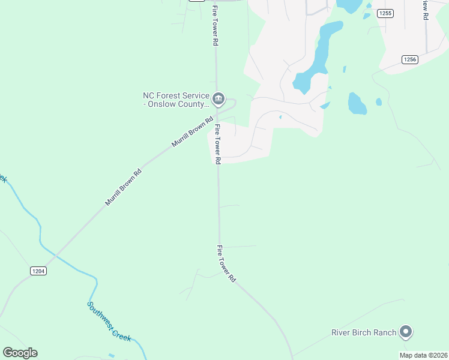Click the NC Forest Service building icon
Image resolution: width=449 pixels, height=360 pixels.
(218, 98)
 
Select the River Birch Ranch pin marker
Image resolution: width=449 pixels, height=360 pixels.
(406, 332)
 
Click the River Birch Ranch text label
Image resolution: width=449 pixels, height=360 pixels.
(364, 332)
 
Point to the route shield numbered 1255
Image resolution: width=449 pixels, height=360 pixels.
(385, 13)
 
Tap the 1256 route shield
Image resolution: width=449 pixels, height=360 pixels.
(410, 59)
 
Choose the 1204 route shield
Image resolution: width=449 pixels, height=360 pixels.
(38, 271)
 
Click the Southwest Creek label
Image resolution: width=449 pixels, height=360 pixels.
(109, 322)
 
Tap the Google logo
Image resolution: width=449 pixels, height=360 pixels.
(20, 353)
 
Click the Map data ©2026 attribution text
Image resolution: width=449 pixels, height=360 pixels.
(423, 355)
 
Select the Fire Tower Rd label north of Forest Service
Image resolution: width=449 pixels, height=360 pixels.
(214, 26)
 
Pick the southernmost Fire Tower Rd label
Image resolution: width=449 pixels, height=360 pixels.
(227, 264)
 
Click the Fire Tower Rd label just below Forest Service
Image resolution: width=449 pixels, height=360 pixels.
(217, 144)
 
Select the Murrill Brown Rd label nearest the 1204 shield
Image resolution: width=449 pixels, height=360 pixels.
(123, 187)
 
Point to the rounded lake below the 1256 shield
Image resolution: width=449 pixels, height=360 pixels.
(357, 103)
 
